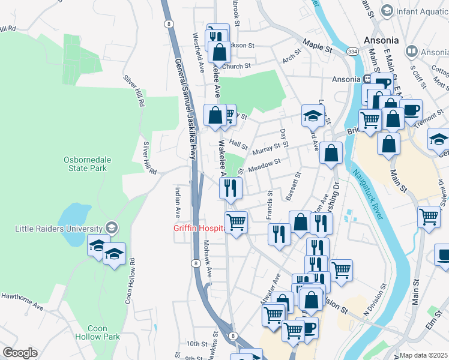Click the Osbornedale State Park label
[85, 164]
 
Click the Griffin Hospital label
[199, 228]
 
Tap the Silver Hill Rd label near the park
[149, 158]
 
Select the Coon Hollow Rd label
[129, 281]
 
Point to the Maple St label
[318, 44]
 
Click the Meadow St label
[265, 164]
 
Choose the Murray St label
[267, 146]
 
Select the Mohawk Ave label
[207, 259]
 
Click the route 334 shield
[353, 53]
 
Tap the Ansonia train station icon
[366, 79]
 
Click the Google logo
[20, 353]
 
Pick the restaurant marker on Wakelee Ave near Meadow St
[231, 188]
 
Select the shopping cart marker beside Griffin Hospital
[237, 223]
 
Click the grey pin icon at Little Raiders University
[110, 228]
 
